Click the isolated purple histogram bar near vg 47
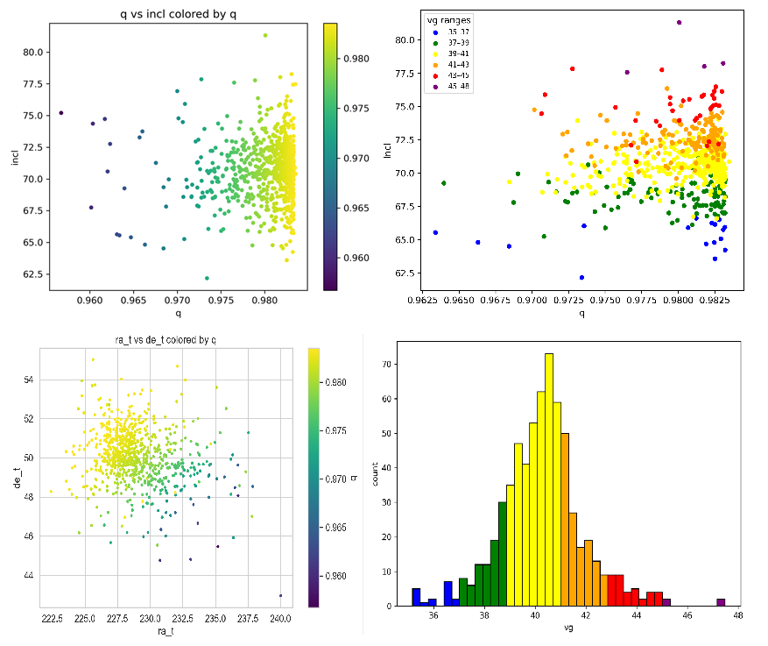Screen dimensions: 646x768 click(x=721, y=602)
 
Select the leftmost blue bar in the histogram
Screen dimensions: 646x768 click(x=416, y=597)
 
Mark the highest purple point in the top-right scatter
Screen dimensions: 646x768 click(x=680, y=23)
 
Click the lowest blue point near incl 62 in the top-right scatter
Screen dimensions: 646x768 click(x=581, y=278)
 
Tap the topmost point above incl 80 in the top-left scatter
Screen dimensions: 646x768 click(x=265, y=36)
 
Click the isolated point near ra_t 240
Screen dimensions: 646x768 click(x=280, y=595)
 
